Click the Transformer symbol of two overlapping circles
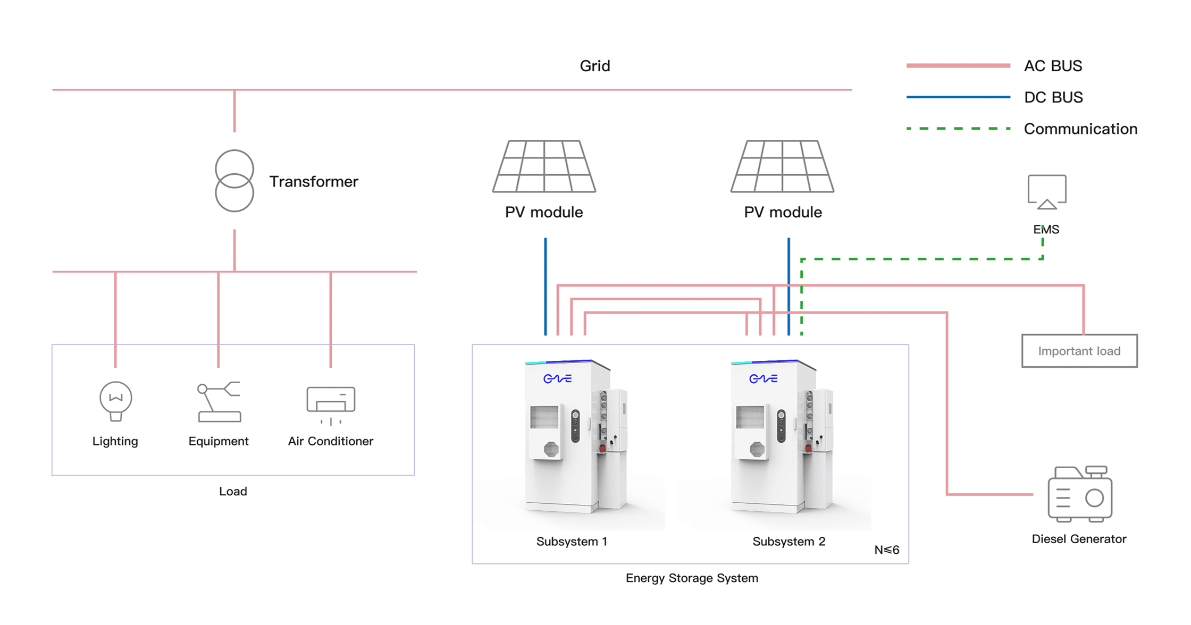click(234, 181)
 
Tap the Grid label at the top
click(594, 66)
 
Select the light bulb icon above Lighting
click(116, 401)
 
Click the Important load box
click(1079, 351)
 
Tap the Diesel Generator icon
click(1080, 494)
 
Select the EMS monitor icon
click(1046, 191)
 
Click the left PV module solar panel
click(544, 166)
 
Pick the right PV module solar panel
click(782, 166)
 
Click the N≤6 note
click(886, 550)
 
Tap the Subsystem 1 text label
click(572, 542)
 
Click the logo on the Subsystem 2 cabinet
click(763, 378)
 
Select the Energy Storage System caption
click(691, 578)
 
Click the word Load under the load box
click(233, 491)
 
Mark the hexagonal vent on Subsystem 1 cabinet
click(551, 450)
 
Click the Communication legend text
click(1080, 129)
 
